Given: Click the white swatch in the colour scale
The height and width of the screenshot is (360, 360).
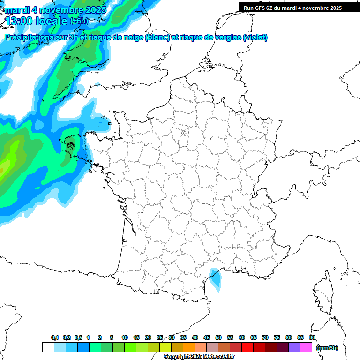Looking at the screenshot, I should tap(48, 347).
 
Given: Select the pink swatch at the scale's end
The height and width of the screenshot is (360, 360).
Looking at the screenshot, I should tap(306, 347).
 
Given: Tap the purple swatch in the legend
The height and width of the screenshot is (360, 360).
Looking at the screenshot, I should tap(294, 347).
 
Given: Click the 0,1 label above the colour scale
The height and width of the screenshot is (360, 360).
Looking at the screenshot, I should tap(55, 338).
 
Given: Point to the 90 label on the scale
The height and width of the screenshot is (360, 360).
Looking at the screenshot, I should tap(312, 338).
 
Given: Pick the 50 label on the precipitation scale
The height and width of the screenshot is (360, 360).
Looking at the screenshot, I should tap(218, 338).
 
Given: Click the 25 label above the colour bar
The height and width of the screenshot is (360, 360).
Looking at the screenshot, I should tap(160, 338).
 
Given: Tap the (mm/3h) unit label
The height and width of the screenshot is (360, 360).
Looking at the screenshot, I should tap(327, 348).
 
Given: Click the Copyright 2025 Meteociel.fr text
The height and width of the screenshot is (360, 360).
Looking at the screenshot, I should tap(199, 357).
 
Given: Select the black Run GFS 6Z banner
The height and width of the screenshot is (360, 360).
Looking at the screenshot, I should tap(299, 8).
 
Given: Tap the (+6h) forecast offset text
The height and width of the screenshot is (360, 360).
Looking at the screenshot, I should tap(78, 21).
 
